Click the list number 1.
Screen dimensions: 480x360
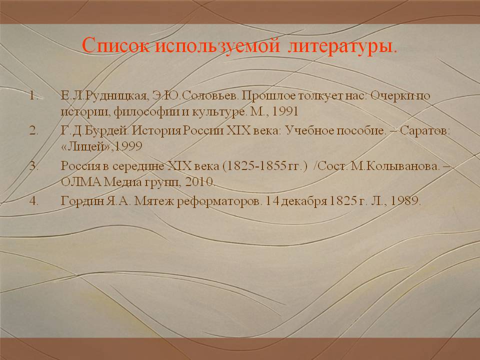[33, 96]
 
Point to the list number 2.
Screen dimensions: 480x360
[33, 130]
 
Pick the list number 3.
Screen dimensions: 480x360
[33, 166]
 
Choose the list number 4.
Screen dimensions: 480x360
[33, 201]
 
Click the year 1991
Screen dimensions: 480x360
[285, 111]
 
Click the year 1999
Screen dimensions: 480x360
[128, 146]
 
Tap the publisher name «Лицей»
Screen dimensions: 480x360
[85, 146]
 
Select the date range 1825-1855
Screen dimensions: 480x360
[256, 166]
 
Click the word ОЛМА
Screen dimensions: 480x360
[81, 182]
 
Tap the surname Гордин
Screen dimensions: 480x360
[82, 201]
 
